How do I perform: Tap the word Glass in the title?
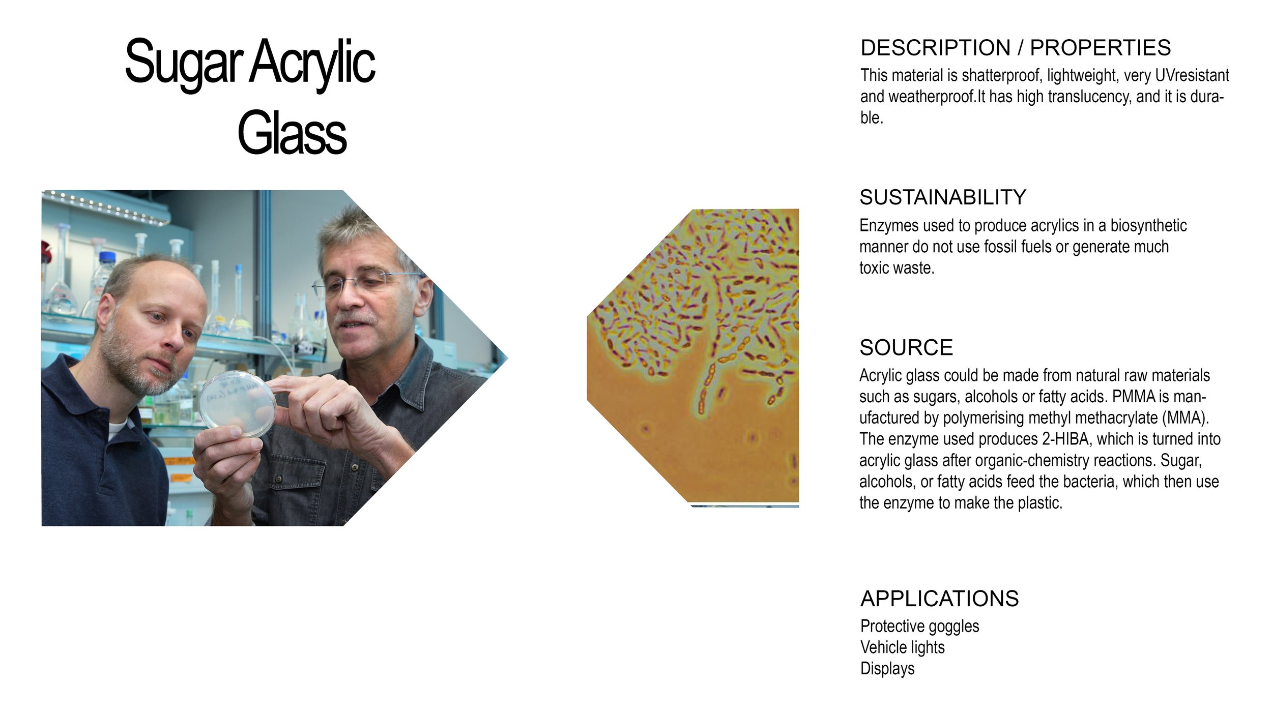pos(292,133)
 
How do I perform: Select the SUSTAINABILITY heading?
pos(942,197)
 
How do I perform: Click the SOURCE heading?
pos(906,348)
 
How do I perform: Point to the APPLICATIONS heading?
pos(939,599)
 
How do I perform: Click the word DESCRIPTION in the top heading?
pos(935,48)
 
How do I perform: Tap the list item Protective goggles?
pos(919,626)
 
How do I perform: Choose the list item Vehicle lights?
pos(902,647)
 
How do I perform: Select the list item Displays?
pos(887,668)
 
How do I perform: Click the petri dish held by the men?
pos(238,404)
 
